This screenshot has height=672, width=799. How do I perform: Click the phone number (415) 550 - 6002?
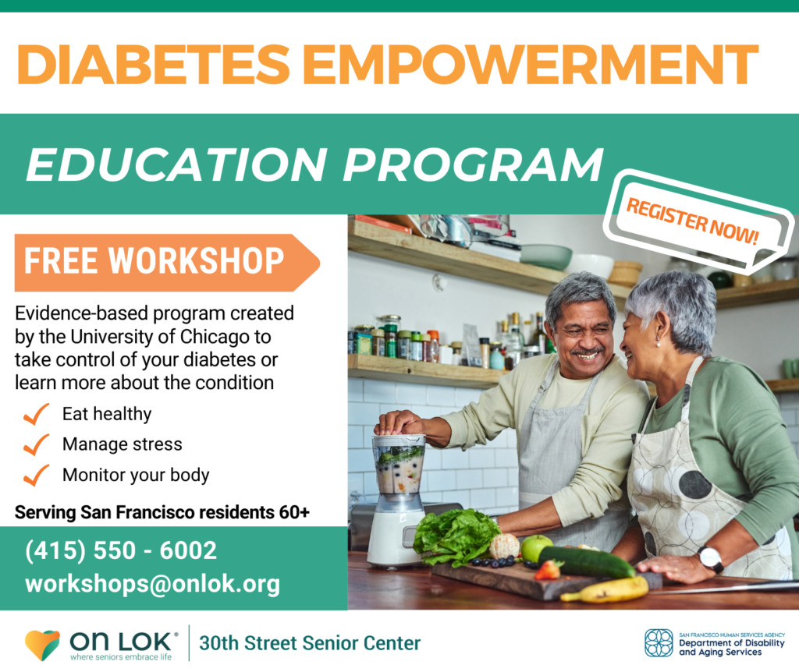click(121, 550)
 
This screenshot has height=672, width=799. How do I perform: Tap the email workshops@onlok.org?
click(152, 583)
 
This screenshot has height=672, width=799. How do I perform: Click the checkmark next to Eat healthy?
click(36, 414)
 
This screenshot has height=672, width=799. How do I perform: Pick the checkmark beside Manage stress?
click(36, 444)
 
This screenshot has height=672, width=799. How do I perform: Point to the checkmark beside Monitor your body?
click(36, 475)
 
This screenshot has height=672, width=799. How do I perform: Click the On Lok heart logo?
click(42, 645)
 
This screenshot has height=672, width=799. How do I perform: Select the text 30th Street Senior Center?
click(310, 643)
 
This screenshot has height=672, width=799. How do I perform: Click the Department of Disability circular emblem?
click(659, 643)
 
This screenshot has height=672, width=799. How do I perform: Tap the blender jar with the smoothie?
click(398, 465)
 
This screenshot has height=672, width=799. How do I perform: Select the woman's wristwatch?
click(711, 558)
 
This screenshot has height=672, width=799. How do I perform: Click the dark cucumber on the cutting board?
click(586, 562)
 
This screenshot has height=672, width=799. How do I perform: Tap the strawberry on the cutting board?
click(549, 570)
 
